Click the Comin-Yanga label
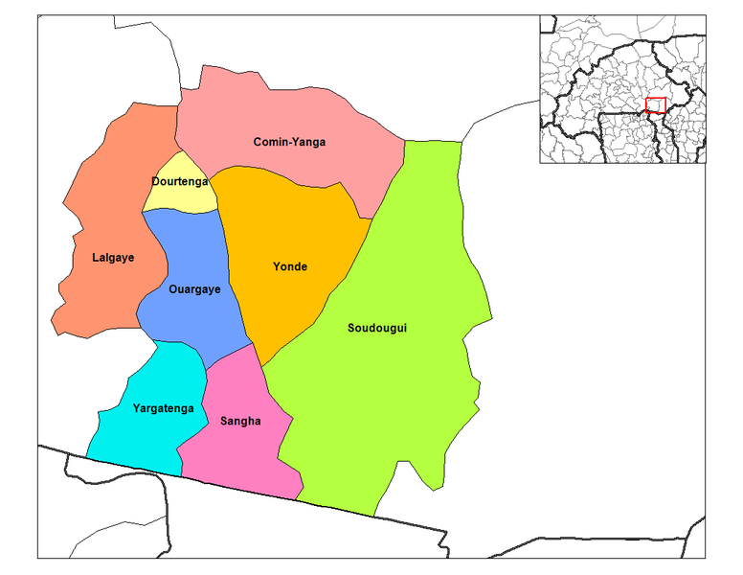tap(289, 142)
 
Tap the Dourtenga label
tap(180, 181)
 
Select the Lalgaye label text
tap(113, 257)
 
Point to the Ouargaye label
tap(194, 289)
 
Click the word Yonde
tap(290, 266)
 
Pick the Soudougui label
tap(377, 329)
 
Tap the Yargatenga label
tap(163, 408)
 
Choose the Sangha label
tap(240, 420)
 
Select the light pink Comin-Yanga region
tap(287, 105)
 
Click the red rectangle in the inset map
tap(656, 105)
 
